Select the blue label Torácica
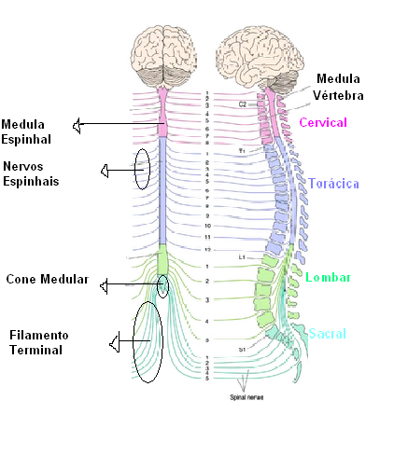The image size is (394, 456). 334,184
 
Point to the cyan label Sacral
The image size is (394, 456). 328,334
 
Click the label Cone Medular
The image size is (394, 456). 47,279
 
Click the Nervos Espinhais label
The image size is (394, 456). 31,174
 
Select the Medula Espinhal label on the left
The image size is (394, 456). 26,131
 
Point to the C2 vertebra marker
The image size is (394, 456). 242,104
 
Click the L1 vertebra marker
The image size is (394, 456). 241,256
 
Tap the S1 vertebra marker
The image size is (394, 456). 241,349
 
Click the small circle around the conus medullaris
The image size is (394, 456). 163,285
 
